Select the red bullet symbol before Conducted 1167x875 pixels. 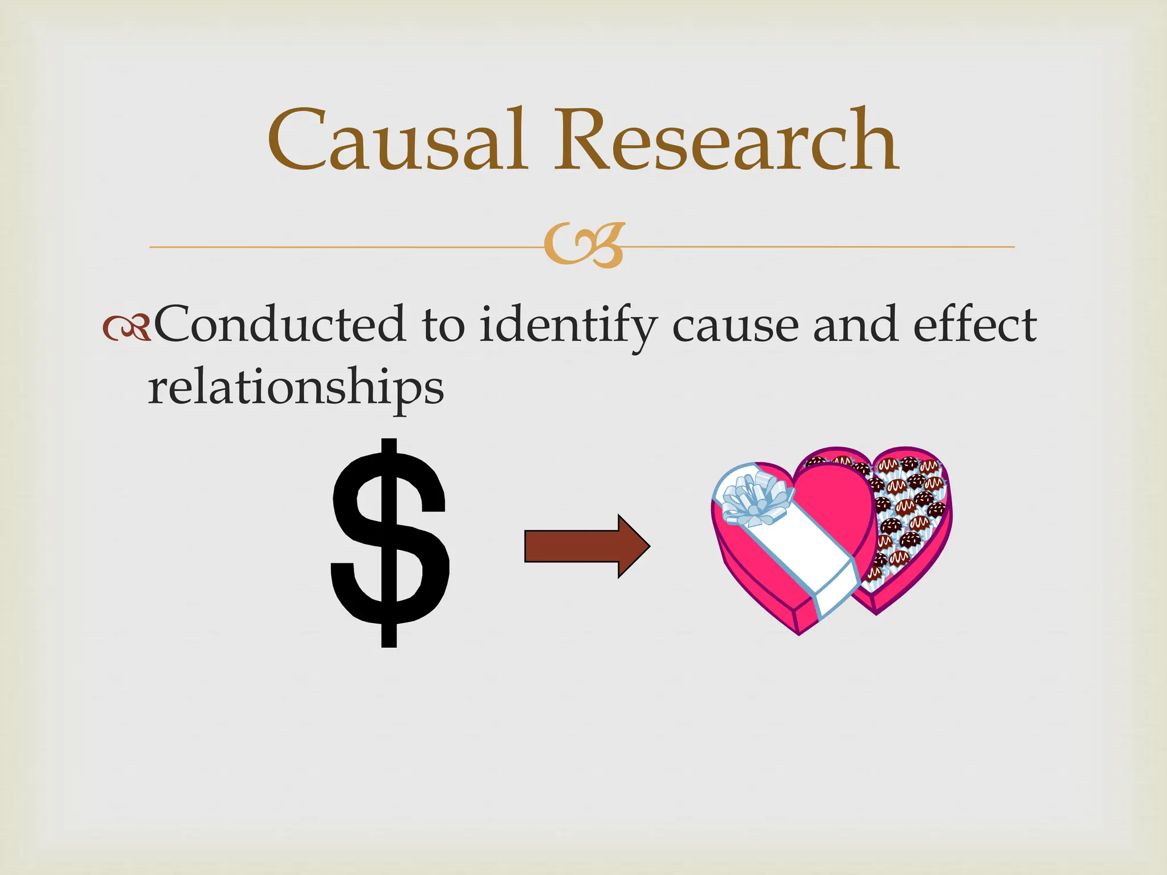coord(127,328)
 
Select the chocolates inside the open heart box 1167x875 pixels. coord(906,507)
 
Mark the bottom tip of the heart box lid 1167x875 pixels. coord(799,632)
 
